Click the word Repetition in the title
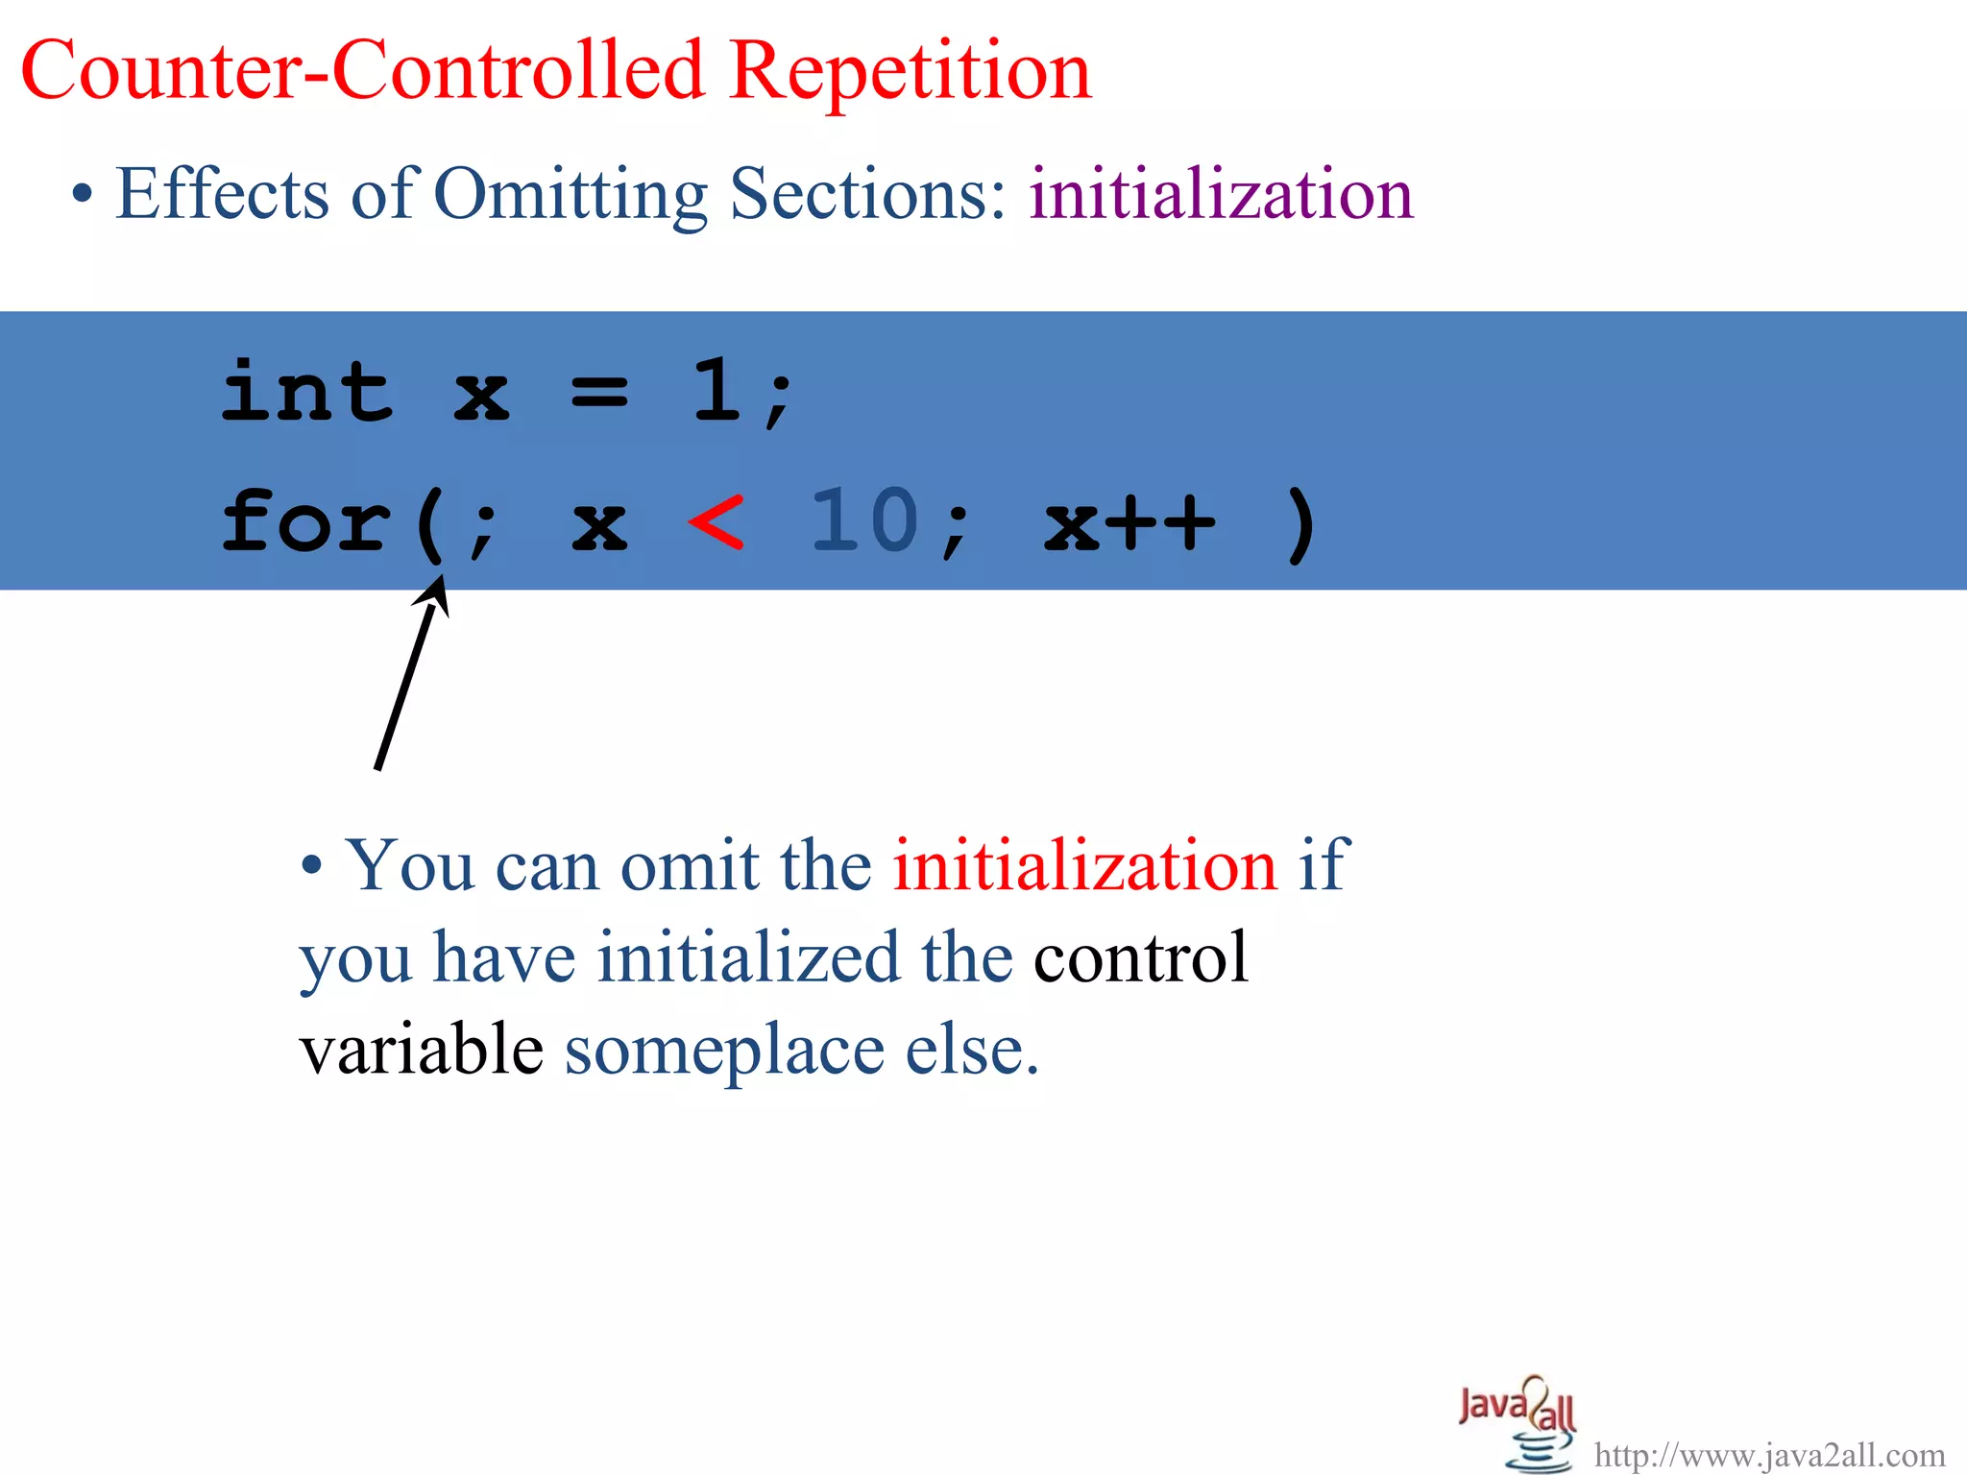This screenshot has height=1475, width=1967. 910,72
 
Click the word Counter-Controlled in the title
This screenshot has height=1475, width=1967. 363,72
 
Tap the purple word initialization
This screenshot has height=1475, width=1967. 1221,194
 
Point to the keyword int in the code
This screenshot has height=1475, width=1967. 307,391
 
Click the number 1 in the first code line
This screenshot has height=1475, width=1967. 716,391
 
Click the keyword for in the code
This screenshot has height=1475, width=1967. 307,521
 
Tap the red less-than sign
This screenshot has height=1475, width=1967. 716,521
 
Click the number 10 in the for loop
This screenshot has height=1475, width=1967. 864,521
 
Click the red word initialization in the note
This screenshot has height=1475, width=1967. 1084,866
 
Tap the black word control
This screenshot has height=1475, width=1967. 1140,957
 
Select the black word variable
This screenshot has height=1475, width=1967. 422,1049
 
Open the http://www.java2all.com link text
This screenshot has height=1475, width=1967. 1769,1455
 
